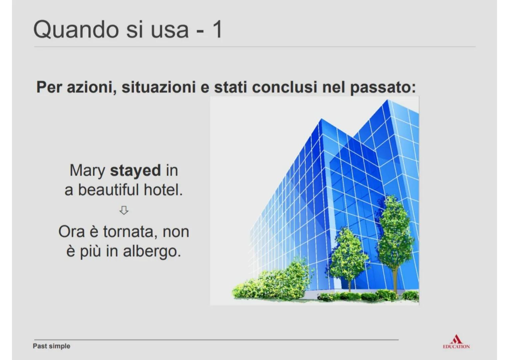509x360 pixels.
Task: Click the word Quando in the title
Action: pos(76,30)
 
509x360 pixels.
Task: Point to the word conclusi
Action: pos(284,87)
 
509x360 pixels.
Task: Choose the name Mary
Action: pos(87,170)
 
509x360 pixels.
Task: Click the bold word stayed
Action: pos(136,170)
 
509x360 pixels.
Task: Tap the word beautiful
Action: pos(108,190)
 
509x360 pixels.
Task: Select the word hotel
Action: pos(163,190)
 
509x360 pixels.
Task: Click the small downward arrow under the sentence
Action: pos(124,210)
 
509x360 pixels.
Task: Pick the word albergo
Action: pos(152,251)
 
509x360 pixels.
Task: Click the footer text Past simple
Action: pos(52,346)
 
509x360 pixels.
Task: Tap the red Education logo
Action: pos(456,342)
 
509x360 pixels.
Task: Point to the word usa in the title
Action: pos(170,30)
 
